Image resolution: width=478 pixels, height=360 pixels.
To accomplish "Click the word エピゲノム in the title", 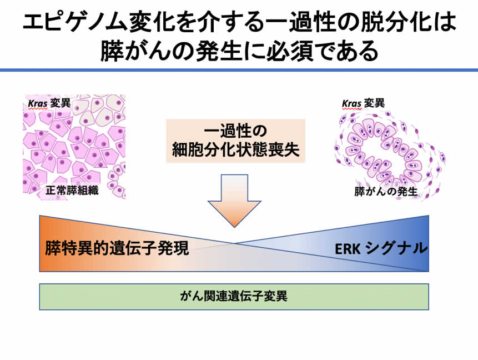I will point(73,23).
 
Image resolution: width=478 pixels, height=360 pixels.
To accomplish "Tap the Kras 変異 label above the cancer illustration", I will point(364,103).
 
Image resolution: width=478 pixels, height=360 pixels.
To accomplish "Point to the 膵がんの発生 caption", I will point(386,192).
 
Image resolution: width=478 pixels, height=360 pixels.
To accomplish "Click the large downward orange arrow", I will point(234,200).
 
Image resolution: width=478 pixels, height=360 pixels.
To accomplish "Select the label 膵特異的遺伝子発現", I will point(117,248).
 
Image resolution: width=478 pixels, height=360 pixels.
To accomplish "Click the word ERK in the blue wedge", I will point(348,248).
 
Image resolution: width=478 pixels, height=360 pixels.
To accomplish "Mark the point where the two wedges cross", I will point(234,243).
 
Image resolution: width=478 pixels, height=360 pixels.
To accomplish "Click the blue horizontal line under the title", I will point(239,70).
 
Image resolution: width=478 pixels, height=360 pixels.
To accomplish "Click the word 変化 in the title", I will point(152,23).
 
